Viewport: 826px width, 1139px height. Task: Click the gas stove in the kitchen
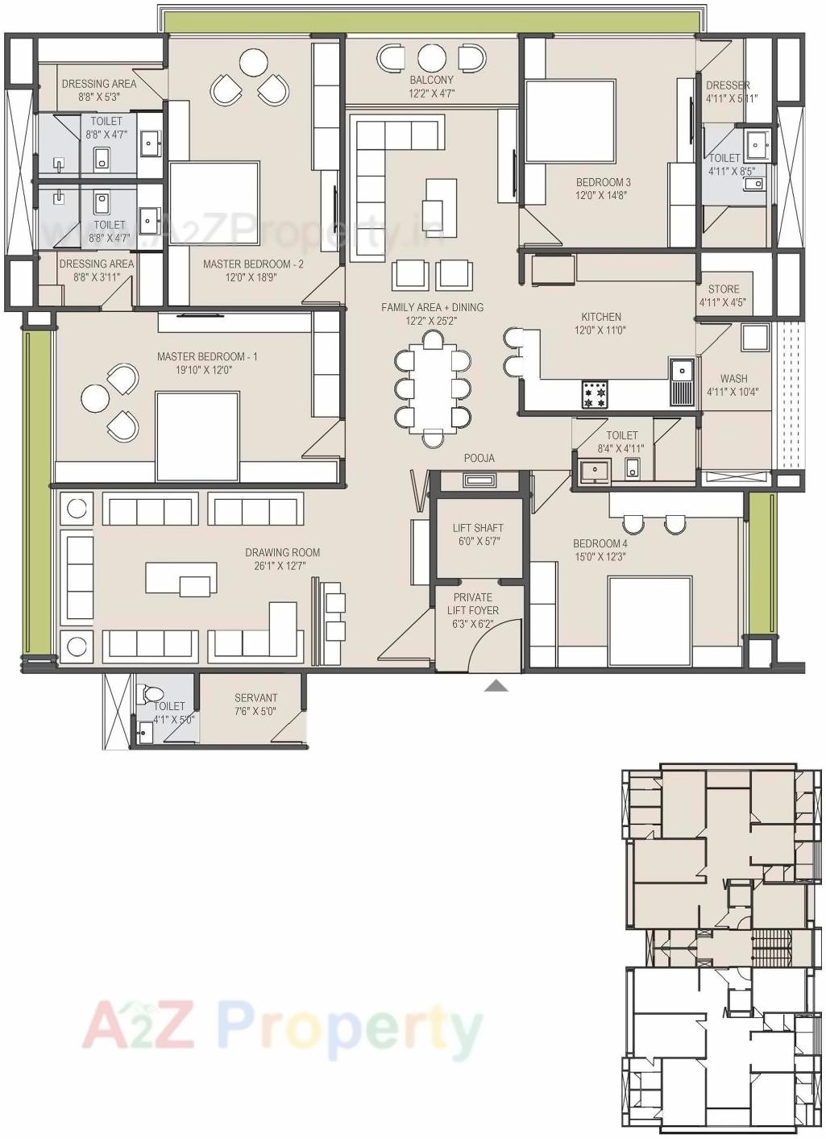596,394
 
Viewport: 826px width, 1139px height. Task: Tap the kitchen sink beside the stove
681,382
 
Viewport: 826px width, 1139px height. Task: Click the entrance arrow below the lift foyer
496,686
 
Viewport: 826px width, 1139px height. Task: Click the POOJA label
479,458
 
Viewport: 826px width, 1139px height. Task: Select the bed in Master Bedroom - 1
197,436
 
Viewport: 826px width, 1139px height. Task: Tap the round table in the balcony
432,58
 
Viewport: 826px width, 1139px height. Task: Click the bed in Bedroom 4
650,621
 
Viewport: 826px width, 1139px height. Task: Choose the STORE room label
724,289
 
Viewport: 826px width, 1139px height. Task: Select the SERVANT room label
255,698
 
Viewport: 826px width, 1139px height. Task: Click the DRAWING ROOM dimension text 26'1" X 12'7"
283,566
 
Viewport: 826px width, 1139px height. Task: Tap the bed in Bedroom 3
570,121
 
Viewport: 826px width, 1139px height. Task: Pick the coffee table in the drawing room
181,578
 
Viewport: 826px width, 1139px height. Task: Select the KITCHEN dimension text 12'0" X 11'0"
600,330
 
